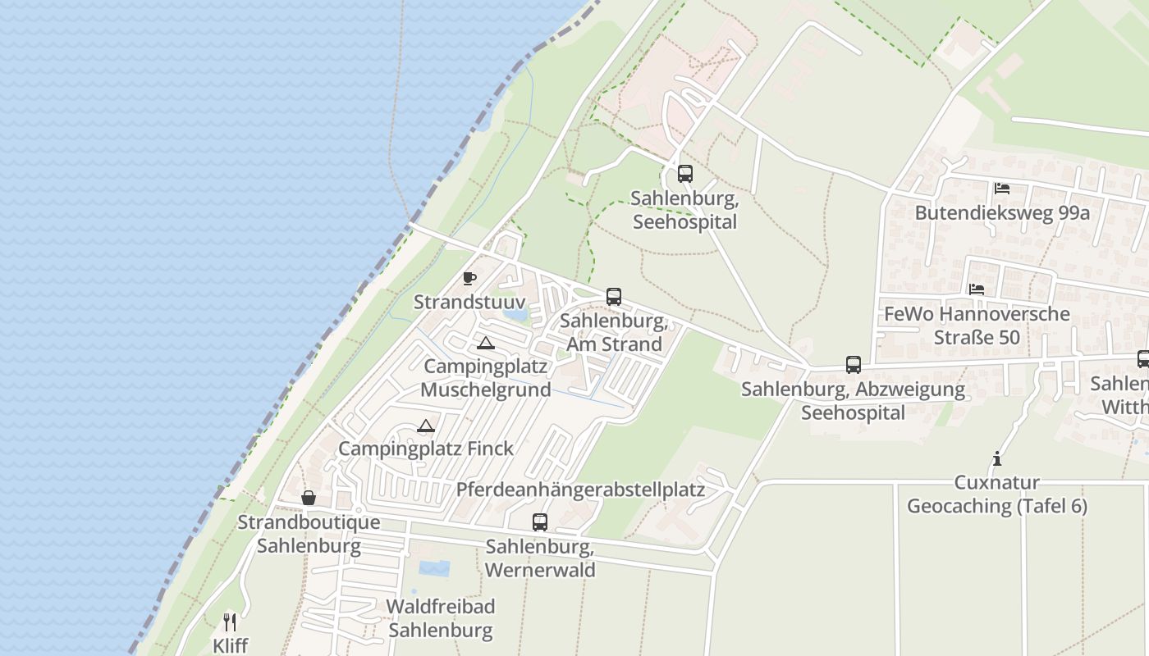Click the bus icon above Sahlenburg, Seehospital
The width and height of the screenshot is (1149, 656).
(684, 174)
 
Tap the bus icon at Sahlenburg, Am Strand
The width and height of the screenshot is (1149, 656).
(614, 297)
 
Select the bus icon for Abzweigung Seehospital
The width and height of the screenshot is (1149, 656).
(854, 365)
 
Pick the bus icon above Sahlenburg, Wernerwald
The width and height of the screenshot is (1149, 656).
(540, 522)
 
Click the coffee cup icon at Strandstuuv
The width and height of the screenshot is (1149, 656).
(469, 279)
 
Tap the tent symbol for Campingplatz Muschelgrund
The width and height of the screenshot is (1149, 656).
(486, 343)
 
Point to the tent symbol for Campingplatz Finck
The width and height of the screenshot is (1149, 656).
(425, 426)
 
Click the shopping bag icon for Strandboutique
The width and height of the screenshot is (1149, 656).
(309, 498)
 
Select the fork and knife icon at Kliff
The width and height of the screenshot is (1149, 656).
(230, 622)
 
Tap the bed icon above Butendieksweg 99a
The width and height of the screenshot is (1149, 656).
(1002, 189)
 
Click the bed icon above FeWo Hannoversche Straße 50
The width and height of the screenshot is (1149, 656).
(977, 289)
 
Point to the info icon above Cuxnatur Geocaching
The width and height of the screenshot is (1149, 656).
(997, 458)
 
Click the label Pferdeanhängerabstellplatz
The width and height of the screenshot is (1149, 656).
(580, 490)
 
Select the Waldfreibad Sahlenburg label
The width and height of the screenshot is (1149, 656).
(441, 618)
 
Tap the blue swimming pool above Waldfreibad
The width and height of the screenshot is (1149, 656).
(434, 568)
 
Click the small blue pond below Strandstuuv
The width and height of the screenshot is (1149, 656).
(515, 313)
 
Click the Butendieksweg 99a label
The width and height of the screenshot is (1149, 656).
(1002, 213)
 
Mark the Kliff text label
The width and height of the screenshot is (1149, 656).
(230, 645)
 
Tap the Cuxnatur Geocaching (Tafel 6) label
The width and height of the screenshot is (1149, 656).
(997, 494)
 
